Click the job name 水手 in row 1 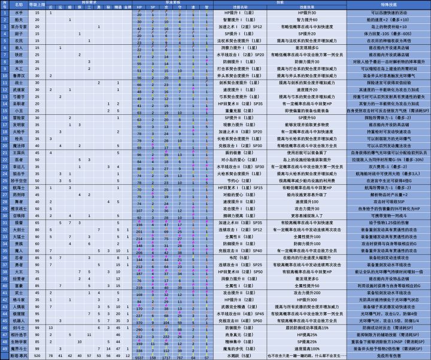pyautogui.click(x=19, y=12)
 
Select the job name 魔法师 pyautogui.click(x=19, y=145)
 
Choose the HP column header pyautogui.click(x=139, y=7)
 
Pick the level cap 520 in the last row pyautogui.click(x=37, y=356)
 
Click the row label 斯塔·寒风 pyautogui.click(x=19, y=356)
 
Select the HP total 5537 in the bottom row pyautogui.click(x=139, y=356)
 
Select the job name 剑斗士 pyautogui.click(x=19, y=328)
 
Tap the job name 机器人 pyautogui.click(x=19, y=321)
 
